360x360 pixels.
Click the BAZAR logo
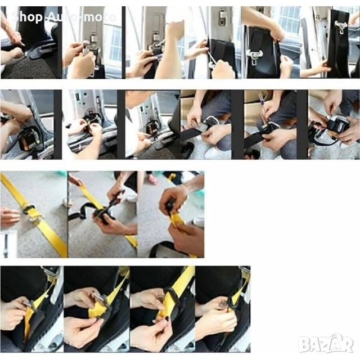pyautogui.click(x=325, y=344)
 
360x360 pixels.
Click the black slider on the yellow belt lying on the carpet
pyautogui.click(x=28, y=208)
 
